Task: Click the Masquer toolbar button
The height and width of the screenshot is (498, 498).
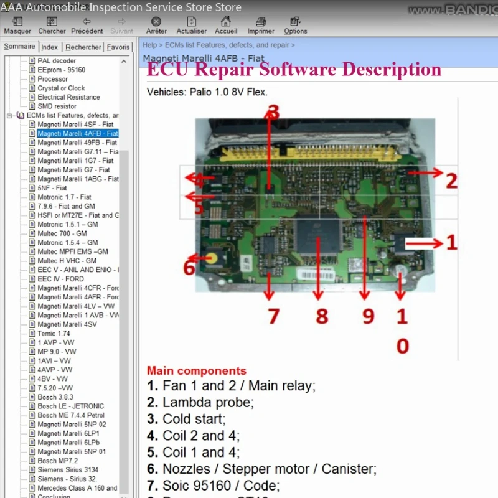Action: click(x=17, y=26)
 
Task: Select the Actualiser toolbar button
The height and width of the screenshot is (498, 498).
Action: click(x=191, y=26)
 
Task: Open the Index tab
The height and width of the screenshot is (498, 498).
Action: click(x=50, y=47)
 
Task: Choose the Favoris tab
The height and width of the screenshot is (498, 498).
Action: click(x=118, y=47)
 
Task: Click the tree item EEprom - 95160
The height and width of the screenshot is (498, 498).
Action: click(x=61, y=70)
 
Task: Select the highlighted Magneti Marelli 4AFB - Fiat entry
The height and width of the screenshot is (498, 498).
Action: click(x=77, y=133)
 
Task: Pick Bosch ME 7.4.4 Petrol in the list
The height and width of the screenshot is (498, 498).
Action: click(x=71, y=415)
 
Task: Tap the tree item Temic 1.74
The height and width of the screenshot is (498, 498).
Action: click(x=54, y=334)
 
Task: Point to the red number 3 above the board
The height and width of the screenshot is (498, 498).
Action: click(x=272, y=112)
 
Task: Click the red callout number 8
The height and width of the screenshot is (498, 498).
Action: click(x=321, y=316)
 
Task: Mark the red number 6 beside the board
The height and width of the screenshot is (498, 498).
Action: click(x=189, y=268)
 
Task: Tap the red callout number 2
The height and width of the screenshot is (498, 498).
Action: click(x=451, y=181)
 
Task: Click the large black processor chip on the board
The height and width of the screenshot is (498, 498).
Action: click(x=318, y=239)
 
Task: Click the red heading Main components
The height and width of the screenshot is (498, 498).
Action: click(x=196, y=371)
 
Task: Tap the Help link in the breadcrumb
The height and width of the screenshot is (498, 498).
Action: click(x=149, y=45)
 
